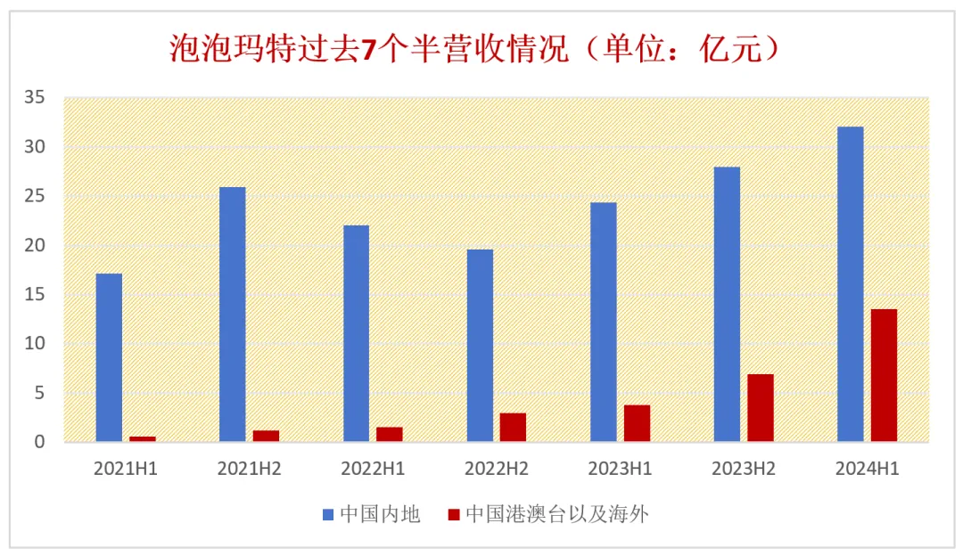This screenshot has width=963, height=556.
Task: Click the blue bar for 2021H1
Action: coord(109,356)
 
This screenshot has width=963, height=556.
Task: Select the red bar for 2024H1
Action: coord(884,375)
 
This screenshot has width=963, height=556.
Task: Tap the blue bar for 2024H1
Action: coord(850,283)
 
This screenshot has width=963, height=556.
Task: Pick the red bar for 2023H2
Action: coord(760,407)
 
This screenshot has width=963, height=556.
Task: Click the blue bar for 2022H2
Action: coord(480,345)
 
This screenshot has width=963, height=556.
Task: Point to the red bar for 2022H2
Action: coord(513,427)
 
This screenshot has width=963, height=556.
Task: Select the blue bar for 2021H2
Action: coord(232,314)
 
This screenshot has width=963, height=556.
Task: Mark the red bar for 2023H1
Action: coord(637,423)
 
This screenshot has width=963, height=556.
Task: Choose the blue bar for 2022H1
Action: coord(356,333)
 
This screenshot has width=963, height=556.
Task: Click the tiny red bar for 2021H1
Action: coord(143,438)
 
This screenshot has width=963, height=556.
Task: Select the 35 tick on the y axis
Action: coord(35,97)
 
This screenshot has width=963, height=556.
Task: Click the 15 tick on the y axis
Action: coord(35,294)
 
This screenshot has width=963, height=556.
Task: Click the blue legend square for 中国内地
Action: coord(328,514)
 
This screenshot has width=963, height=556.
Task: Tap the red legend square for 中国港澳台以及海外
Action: coord(454,514)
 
